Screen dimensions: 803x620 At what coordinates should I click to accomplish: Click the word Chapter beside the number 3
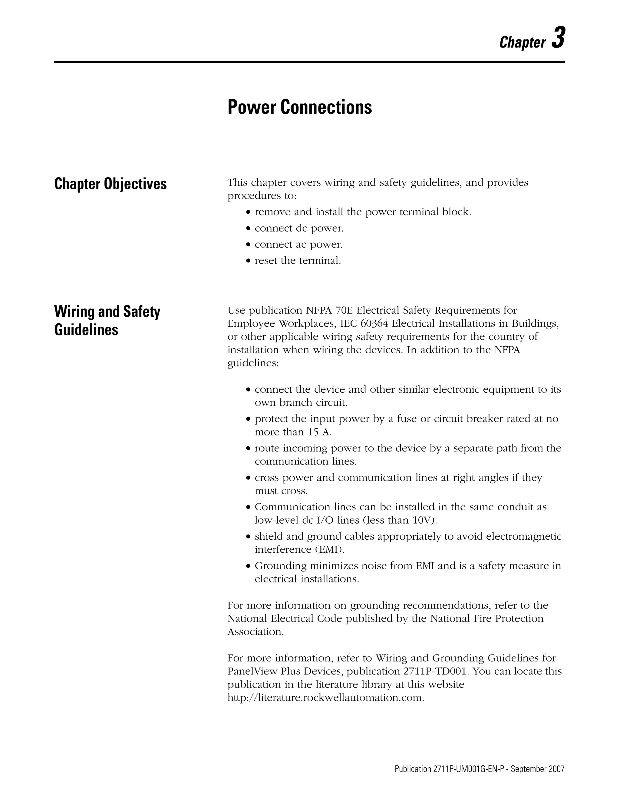(522, 43)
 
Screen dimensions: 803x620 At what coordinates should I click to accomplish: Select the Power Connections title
(299, 107)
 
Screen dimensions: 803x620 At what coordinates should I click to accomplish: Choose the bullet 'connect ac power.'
(298, 245)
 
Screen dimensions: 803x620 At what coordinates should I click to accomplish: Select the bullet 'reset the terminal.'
(298, 261)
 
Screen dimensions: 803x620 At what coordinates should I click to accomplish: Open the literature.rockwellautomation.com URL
(325, 698)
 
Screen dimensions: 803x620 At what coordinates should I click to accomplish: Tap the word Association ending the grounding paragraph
(255, 632)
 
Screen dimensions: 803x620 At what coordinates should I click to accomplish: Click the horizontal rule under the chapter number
(309, 62)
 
